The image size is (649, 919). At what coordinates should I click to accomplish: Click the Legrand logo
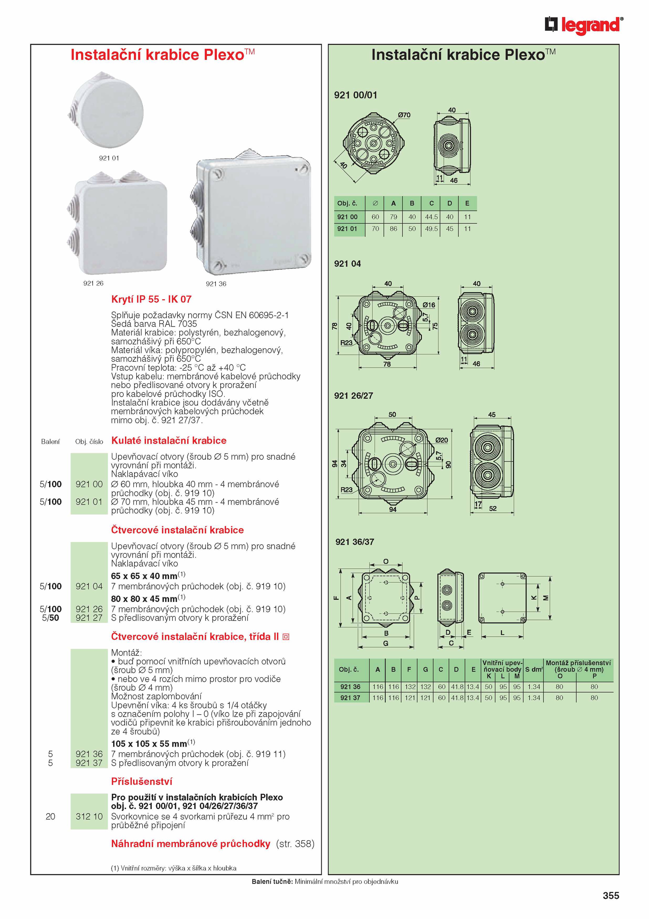click(584, 25)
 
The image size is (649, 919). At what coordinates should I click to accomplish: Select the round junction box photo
click(106, 110)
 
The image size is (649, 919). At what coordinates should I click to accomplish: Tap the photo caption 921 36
click(216, 284)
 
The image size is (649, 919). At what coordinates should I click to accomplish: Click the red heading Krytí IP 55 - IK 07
click(151, 299)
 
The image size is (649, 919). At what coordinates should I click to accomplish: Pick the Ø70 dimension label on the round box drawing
click(404, 115)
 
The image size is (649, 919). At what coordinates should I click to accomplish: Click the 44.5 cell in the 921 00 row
click(431, 217)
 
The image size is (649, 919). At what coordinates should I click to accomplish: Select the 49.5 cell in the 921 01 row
click(431, 229)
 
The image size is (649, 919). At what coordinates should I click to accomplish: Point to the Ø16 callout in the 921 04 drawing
click(429, 305)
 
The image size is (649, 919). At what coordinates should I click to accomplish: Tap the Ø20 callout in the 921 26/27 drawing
click(442, 440)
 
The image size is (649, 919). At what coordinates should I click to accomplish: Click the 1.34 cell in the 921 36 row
click(534, 687)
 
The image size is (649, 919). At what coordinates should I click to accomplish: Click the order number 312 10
click(89, 816)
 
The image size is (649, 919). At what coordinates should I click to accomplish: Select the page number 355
click(611, 895)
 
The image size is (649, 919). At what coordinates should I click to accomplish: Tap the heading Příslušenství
click(142, 782)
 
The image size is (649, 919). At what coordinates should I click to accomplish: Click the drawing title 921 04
click(347, 264)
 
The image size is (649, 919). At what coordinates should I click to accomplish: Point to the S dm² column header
click(534, 669)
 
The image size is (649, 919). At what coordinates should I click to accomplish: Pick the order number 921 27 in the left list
click(89, 618)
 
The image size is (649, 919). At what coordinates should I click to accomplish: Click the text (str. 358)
click(295, 844)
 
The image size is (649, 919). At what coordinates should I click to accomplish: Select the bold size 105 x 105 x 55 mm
click(149, 744)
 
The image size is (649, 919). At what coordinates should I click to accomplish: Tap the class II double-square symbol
click(286, 637)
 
